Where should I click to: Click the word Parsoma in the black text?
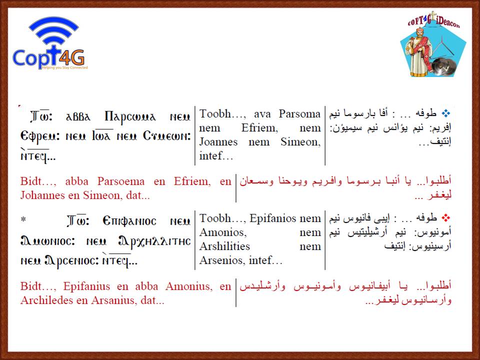pyautogui.click(x=299, y=114)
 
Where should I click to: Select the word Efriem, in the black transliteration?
pyautogui.click(x=259, y=127)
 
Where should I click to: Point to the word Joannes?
pyautogui.click(x=218, y=141)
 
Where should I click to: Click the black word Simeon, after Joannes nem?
pyautogui.click(x=300, y=142)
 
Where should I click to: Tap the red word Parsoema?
pyautogui.click(x=120, y=181)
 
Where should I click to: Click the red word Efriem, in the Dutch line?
pyautogui.click(x=192, y=181)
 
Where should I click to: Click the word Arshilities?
pyautogui.click(x=224, y=246)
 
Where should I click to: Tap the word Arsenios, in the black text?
pyautogui.click(x=222, y=260)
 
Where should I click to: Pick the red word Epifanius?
pyautogui.click(x=86, y=286)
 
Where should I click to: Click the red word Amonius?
pyautogui.click(x=189, y=286)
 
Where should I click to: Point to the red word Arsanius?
pyautogui.click(x=113, y=300)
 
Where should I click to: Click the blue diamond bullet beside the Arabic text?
pyautogui.click(x=446, y=114)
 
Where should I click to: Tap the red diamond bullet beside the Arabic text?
pyautogui.click(x=446, y=218)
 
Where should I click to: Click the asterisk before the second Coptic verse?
pyautogui.click(x=23, y=219)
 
